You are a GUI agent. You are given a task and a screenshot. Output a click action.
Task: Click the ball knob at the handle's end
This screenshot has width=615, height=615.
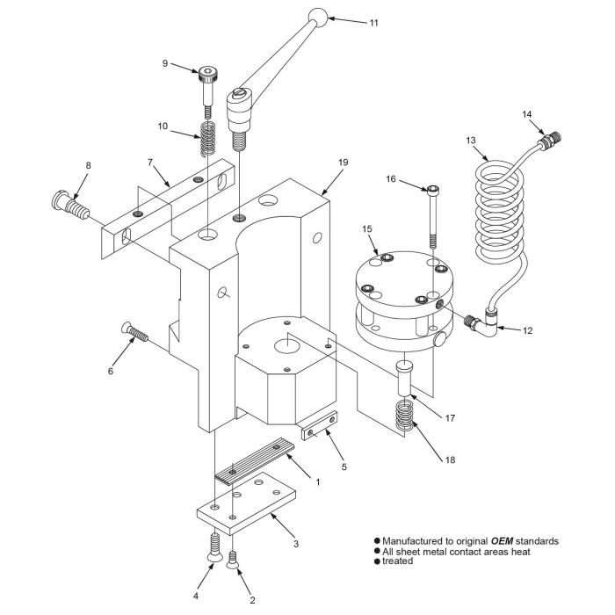(x=318, y=17)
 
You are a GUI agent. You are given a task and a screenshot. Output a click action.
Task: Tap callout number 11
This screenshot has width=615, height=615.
(x=373, y=22)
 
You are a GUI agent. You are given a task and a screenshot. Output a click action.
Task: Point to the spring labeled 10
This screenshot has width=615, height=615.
(x=208, y=139)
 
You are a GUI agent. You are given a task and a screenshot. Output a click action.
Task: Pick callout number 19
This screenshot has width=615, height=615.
(x=344, y=163)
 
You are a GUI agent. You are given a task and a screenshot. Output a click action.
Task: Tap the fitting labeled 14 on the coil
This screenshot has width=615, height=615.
(x=550, y=139)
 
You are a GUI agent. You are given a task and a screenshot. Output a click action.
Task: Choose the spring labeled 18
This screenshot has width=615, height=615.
(x=405, y=417)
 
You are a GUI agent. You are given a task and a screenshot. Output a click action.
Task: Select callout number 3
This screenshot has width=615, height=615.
(x=296, y=544)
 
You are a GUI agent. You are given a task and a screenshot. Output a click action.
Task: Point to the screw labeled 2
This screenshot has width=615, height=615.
(x=234, y=559)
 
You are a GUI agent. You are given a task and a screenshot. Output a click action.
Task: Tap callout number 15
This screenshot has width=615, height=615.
(x=366, y=229)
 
